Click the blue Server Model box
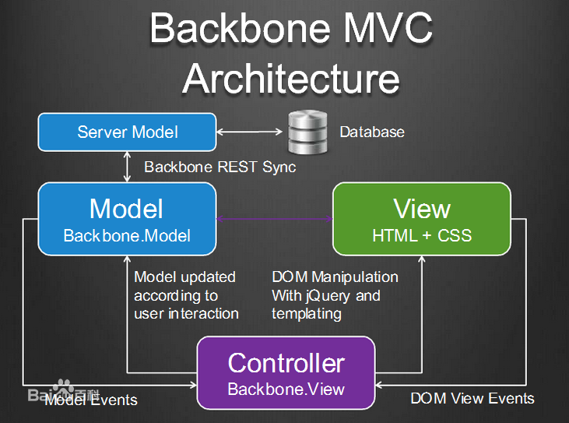(x=127, y=132)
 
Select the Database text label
(x=372, y=132)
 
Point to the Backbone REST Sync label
(x=220, y=167)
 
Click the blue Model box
(x=127, y=218)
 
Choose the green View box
(x=422, y=218)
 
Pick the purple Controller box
(x=286, y=372)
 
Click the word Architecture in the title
(x=290, y=78)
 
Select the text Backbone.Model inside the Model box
(x=127, y=234)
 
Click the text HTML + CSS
(x=422, y=234)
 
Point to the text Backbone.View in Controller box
(x=286, y=390)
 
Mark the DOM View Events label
(x=472, y=398)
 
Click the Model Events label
(x=91, y=400)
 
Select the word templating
(x=307, y=313)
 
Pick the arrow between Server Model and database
(x=245, y=132)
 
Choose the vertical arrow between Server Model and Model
(x=127, y=166)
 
